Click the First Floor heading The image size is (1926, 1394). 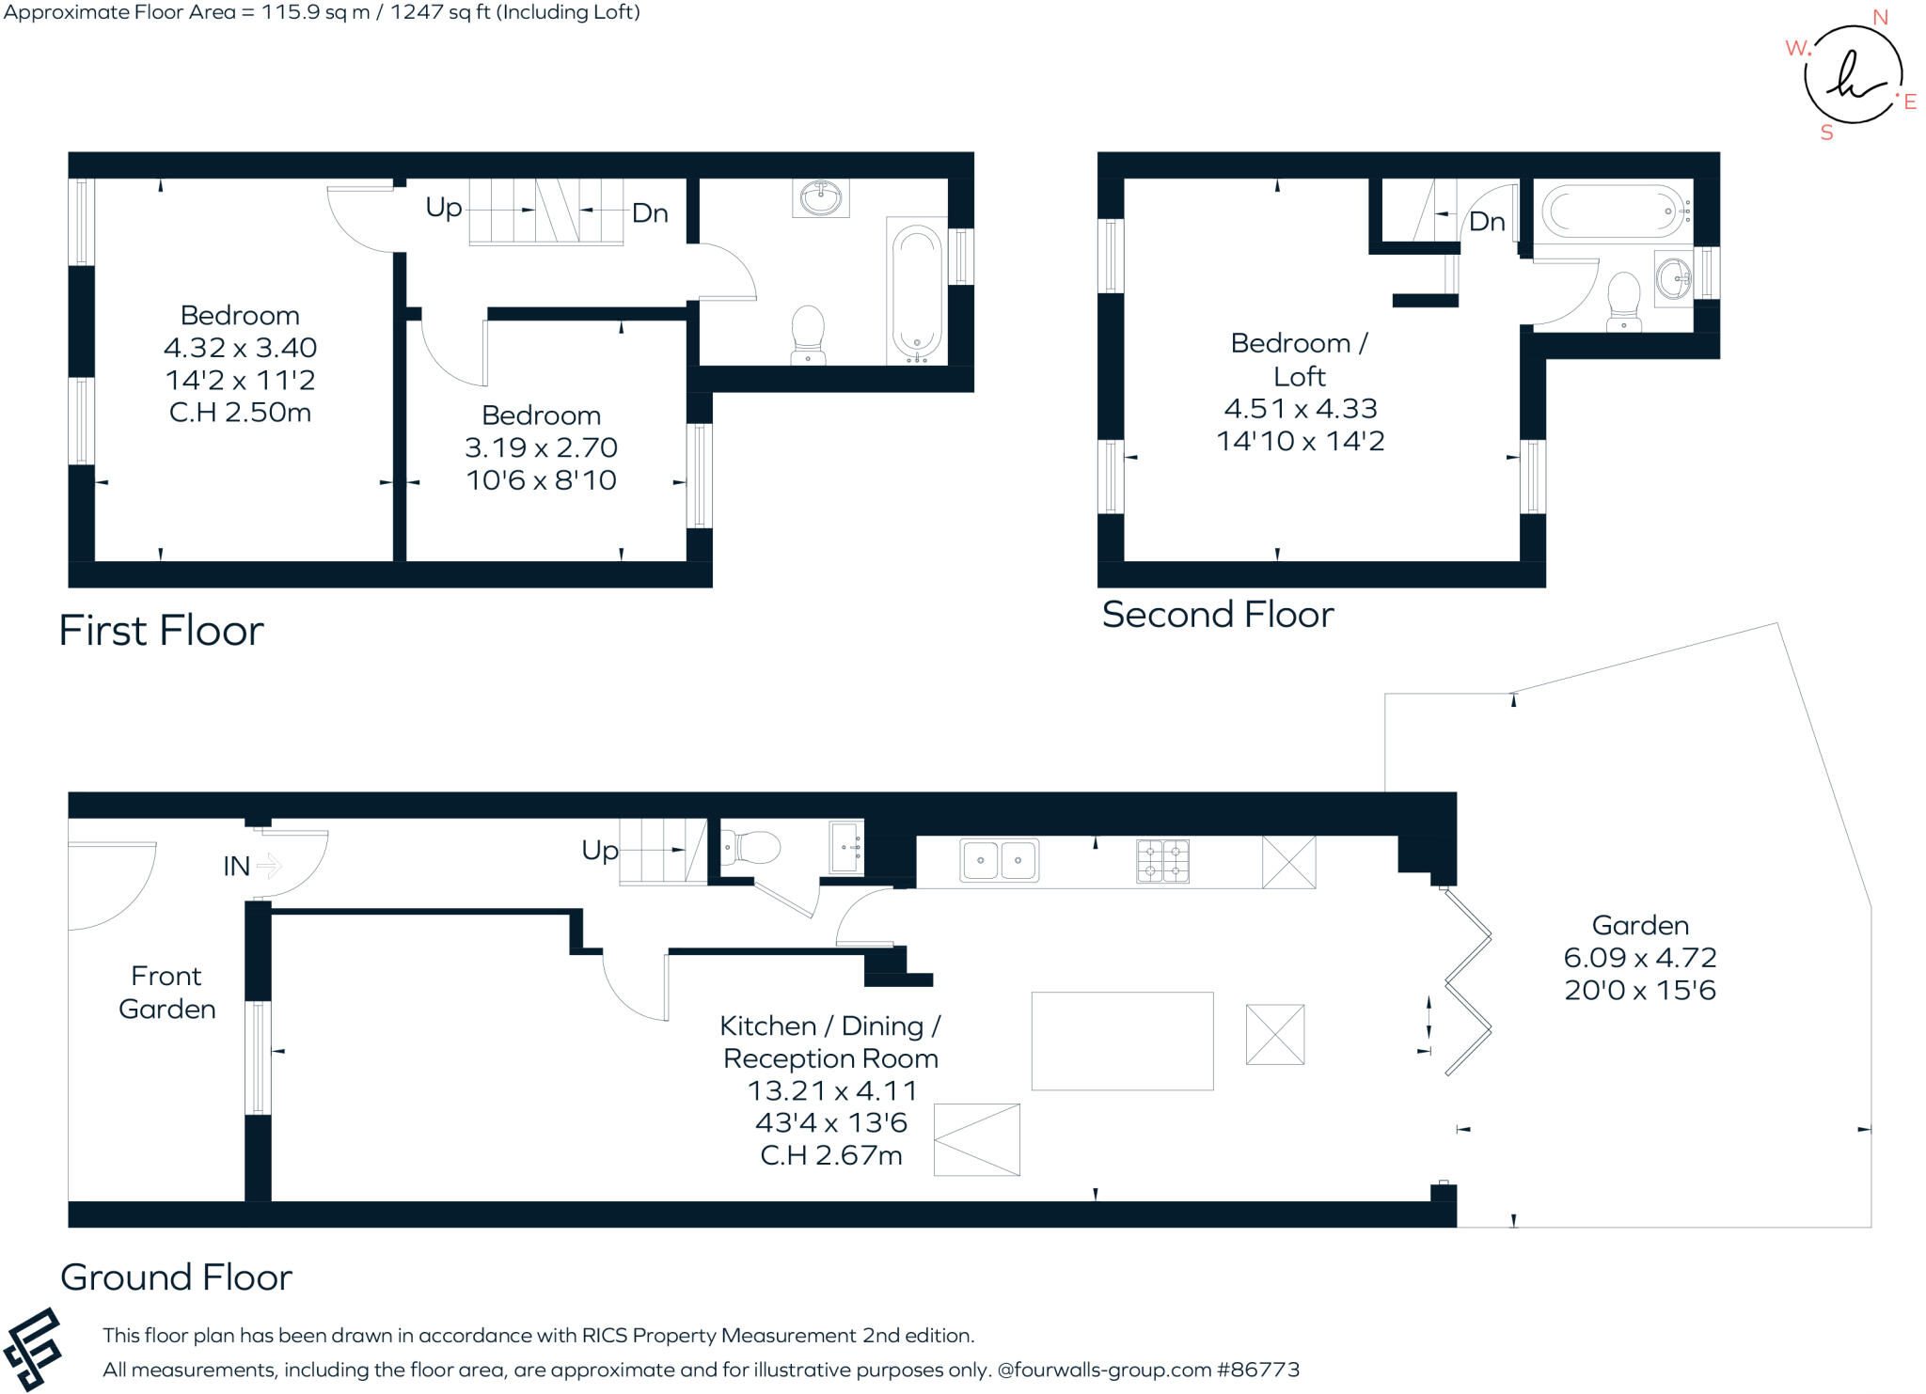(161, 630)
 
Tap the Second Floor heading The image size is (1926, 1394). (1218, 615)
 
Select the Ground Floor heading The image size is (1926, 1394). (176, 1277)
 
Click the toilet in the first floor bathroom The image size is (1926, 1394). (808, 334)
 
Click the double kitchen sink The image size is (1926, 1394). (999, 860)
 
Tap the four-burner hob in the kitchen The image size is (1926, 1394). (1163, 861)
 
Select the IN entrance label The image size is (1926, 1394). (236, 866)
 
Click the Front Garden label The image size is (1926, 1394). (166, 993)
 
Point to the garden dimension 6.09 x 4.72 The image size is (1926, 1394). (1640, 958)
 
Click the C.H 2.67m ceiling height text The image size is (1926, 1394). (831, 1155)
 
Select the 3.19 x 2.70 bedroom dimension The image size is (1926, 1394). (541, 447)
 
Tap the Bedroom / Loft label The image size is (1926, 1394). (1300, 360)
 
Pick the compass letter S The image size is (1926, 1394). (1827, 133)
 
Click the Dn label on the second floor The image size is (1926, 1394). (1487, 222)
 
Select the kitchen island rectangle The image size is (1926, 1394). (1122, 1041)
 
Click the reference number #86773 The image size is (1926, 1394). (1258, 1370)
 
